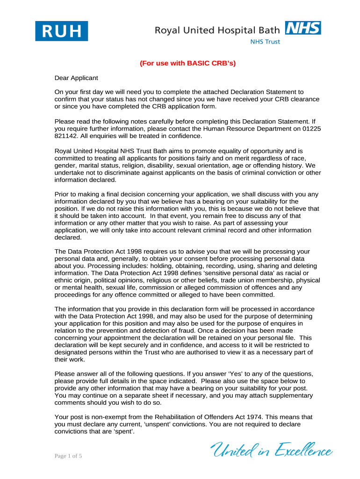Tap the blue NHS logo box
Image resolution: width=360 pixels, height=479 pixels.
[303, 28]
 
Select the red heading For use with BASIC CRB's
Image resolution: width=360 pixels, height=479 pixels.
[187, 64]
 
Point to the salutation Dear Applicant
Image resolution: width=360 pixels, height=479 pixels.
[76, 78]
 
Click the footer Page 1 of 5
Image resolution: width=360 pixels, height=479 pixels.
[68, 456]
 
